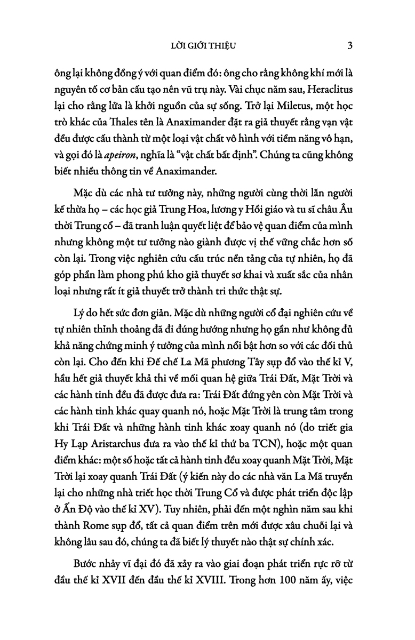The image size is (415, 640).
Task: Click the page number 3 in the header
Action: (x=349, y=46)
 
